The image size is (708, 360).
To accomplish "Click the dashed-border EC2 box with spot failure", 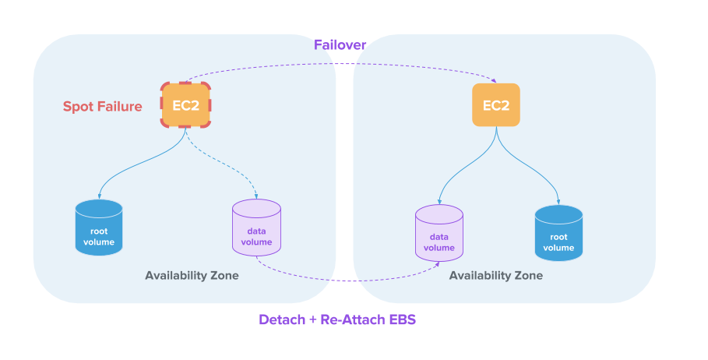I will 186,105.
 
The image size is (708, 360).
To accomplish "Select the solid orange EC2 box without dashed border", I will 496,105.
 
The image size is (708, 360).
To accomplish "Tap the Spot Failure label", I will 103,107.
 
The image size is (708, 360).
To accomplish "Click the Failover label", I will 340,45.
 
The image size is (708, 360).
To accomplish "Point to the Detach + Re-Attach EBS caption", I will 337,319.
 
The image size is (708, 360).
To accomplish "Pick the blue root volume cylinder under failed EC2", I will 99,228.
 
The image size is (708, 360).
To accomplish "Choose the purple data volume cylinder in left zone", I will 256,228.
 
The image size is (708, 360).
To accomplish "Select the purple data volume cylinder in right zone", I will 439,233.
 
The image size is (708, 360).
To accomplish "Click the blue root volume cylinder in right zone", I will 558,233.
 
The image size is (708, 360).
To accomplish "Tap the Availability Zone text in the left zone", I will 192,275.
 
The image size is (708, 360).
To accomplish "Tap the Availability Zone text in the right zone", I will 496,275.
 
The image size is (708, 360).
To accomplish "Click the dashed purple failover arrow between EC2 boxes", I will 340,64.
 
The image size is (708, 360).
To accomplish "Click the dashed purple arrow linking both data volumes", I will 343,280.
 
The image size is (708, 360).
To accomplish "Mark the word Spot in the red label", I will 78,107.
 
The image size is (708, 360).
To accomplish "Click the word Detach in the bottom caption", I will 281,319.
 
